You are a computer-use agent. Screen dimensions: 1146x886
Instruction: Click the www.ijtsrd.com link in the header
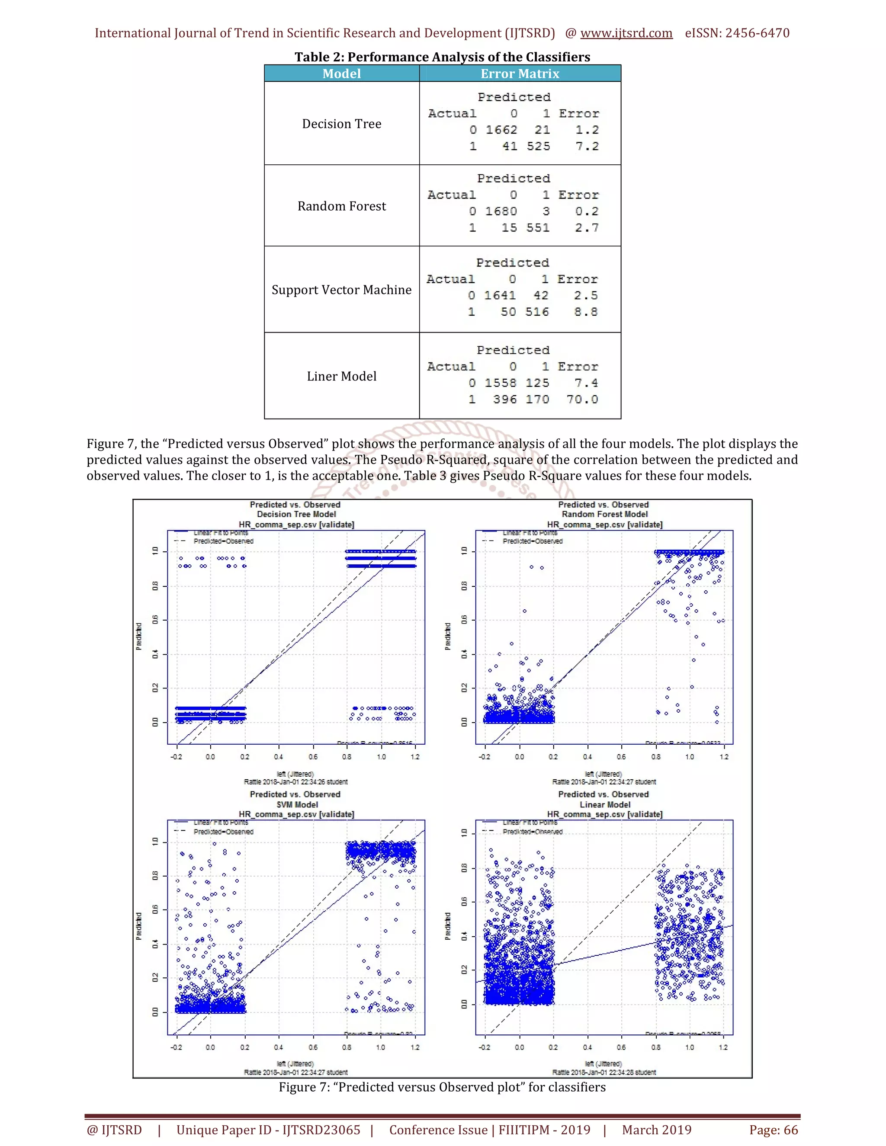(626, 33)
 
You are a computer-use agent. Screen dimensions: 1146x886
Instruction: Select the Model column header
(341, 74)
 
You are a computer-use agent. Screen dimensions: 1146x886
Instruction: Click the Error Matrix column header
(520, 74)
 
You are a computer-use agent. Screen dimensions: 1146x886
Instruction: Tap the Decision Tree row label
(341, 124)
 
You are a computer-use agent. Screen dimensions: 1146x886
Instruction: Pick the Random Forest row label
(341, 206)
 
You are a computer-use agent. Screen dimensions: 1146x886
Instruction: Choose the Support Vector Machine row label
(341, 290)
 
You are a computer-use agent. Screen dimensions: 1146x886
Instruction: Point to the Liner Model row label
(341, 376)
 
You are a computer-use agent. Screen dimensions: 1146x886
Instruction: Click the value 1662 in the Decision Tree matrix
(501, 130)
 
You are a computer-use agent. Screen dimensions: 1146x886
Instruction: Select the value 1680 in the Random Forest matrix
(501, 211)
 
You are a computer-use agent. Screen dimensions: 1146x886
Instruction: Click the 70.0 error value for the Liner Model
(582, 399)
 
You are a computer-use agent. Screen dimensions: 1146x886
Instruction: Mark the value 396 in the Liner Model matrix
(504, 399)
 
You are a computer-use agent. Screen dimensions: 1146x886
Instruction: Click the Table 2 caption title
(442, 57)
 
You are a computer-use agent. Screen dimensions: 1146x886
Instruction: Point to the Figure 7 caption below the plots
(442, 1087)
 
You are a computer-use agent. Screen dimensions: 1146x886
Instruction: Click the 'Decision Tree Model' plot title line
(296, 514)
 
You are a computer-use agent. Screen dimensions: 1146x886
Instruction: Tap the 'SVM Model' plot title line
(297, 804)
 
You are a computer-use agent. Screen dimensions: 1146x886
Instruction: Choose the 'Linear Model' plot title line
(605, 804)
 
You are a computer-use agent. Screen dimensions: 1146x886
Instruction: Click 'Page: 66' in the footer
(773, 1130)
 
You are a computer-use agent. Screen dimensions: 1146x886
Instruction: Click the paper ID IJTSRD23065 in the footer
(268, 1130)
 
